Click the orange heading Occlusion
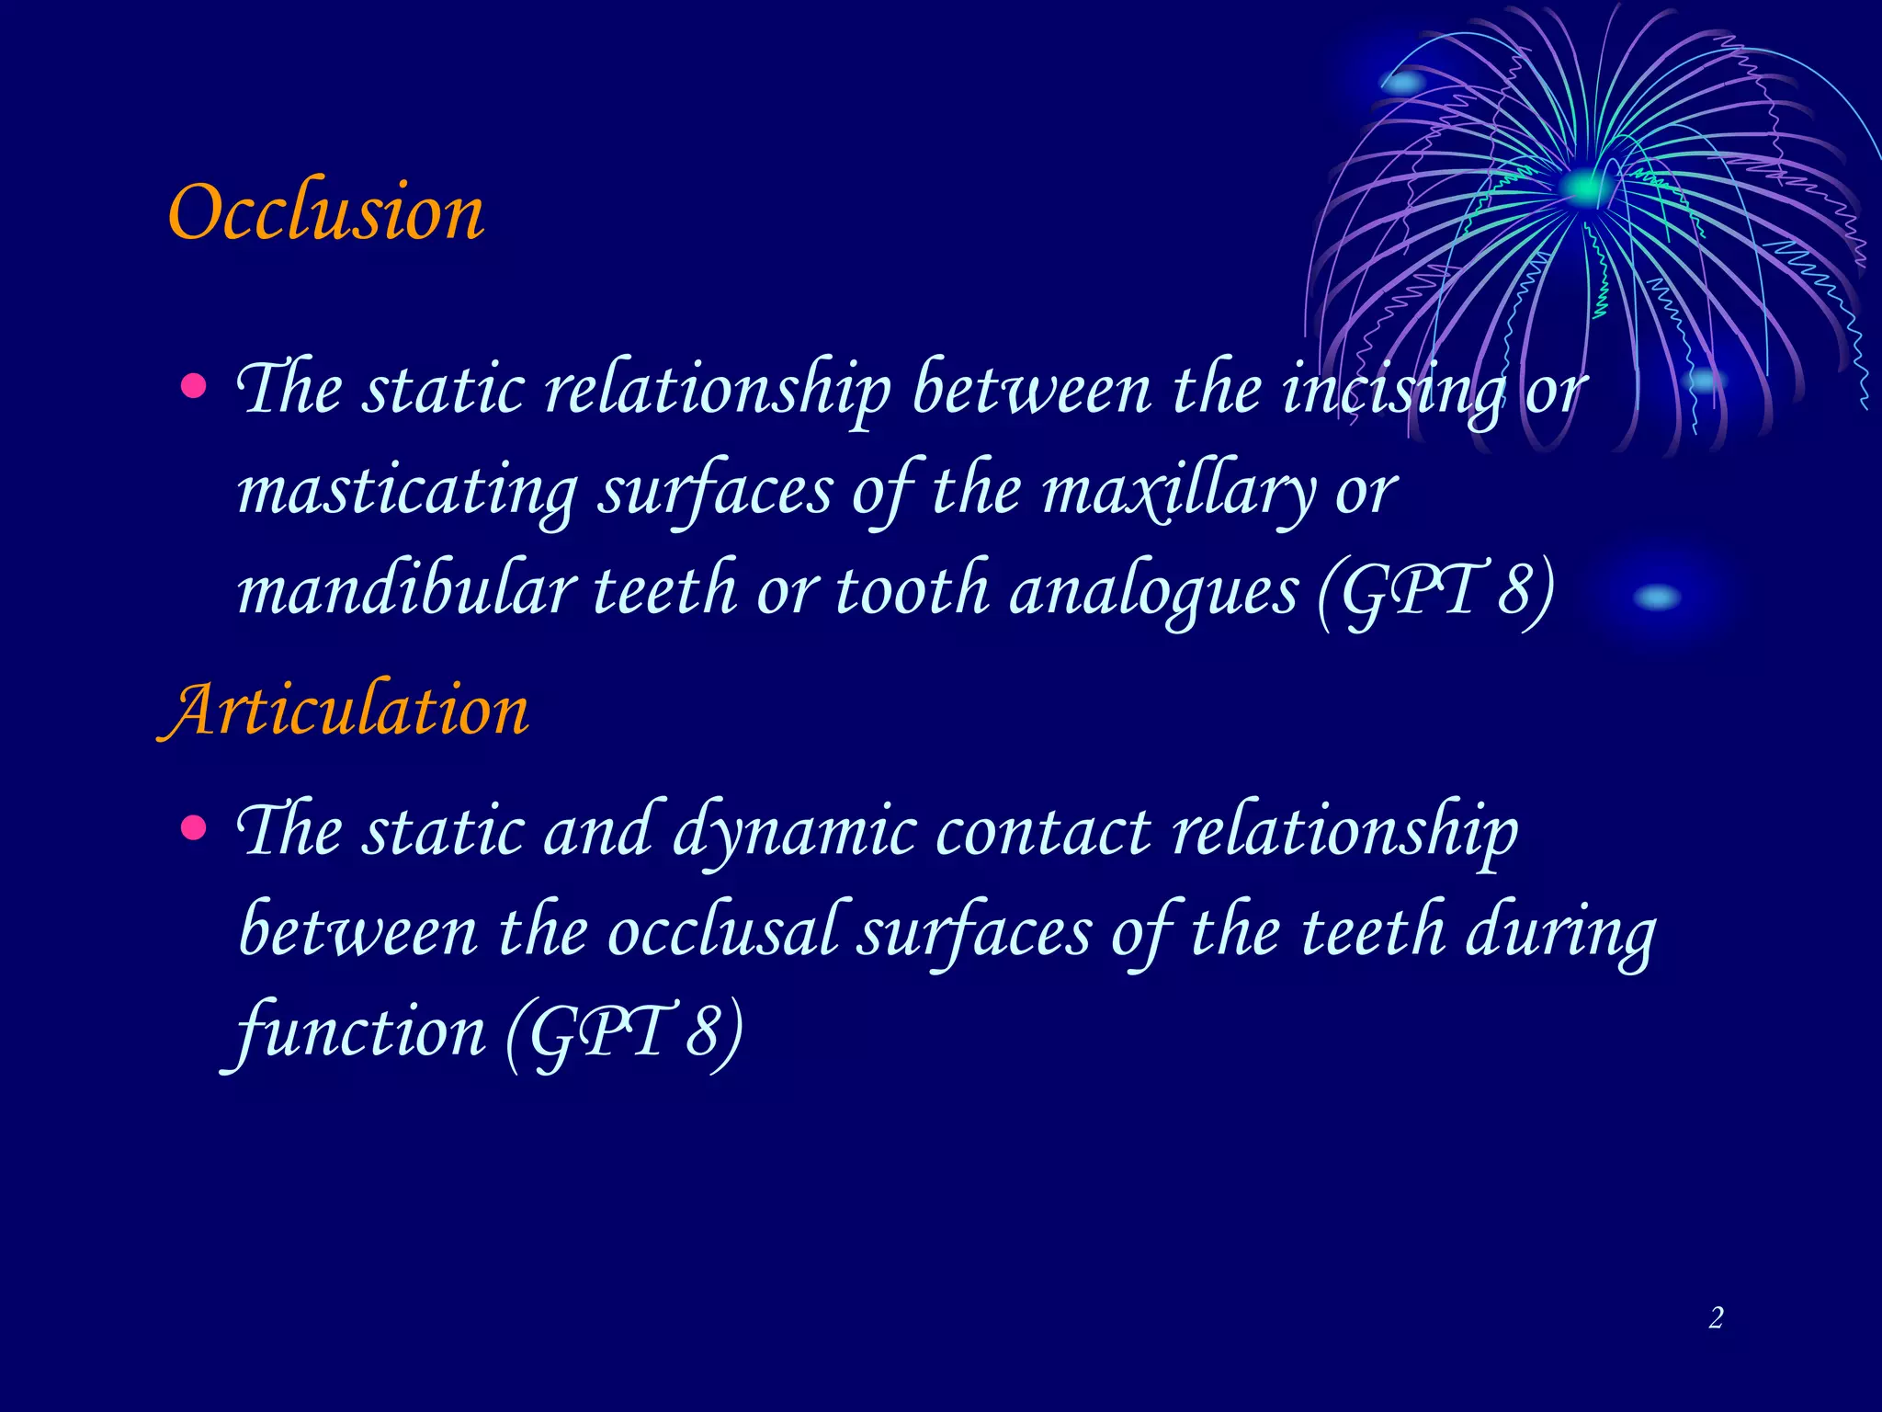pyautogui.click(x=326, y=213)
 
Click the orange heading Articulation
pyautogui.click(x=346, y=712)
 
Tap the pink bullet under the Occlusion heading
pyautogui.click(x=193, y=385)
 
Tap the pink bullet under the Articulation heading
pyautogui.click(x=193, y=828)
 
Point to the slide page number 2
pyautogui.click(x=1716, y=1318)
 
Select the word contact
pyautogui.click(x=1043, y=832)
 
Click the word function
pyautogui.click(x=358, y=1031)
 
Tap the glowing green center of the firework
pyautogui.click(x=1585, y=188)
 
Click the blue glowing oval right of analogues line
pyautogui.click(x=1657, y=598)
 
